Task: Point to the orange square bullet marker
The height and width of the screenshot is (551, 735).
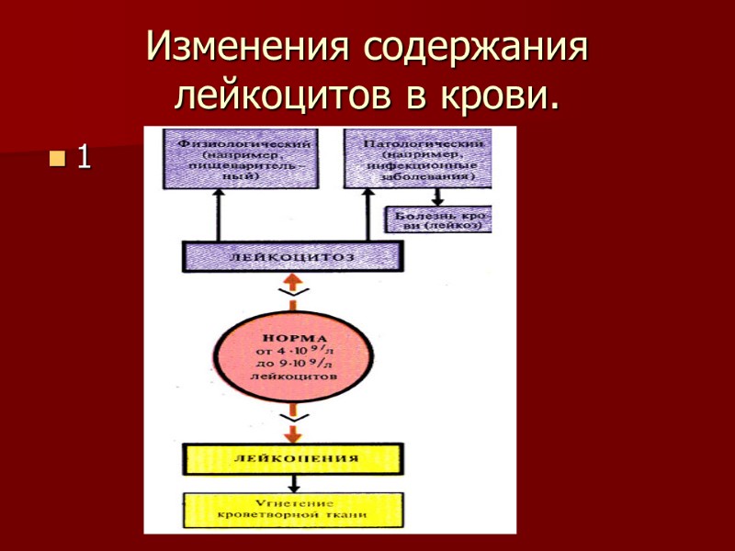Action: [58, 158]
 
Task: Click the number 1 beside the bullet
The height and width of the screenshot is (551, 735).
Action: [83, 158]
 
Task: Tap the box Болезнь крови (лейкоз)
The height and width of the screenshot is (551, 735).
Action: [438, 219]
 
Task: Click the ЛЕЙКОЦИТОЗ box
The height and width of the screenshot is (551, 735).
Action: [293, 256]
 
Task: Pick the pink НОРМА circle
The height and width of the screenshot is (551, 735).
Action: [292, 357]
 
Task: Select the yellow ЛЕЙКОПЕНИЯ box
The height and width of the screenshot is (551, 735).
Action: [292, 457]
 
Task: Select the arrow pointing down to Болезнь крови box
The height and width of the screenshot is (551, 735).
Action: [438, 195]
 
